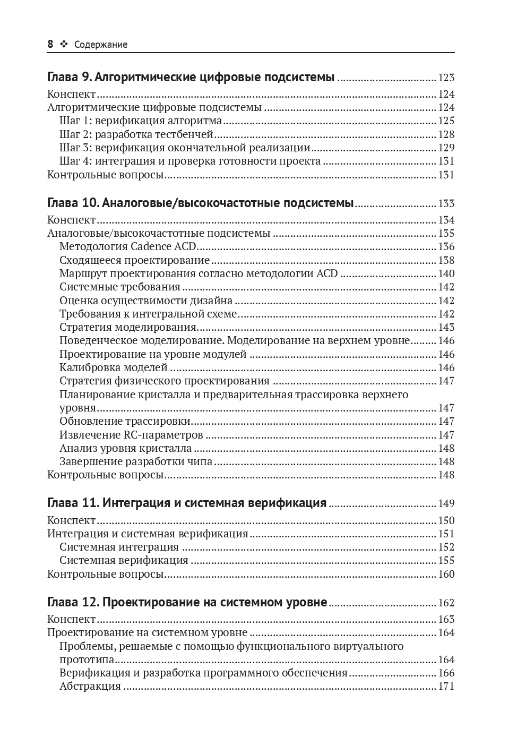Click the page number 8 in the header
pyautogui.click(x=50, y=45)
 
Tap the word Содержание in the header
pyautogui.click(x=101, y=45)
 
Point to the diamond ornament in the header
pyautogui.click(x=64, y=45)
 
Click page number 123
pyautogui.click(x=446, y=78)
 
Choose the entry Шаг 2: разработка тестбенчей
pyautogui.click(x=136, y=134)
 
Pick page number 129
pyautogui.click(x=446, y=148)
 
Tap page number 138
pyautogui.click(x=446, y=260)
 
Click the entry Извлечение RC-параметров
pyautogui.click(x=131, y=435)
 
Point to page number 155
pyautogui.click(x=446, y=561)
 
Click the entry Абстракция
pyautogui.click(x=90, y=686)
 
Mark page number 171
pyautogui.click(x=446, y=687)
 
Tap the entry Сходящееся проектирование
pyautogui.click(x=135, y=260)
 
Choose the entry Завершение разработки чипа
pyautogui.click(x=136, y=461)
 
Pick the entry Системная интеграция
pyautogui.click(x=119, y=547)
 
